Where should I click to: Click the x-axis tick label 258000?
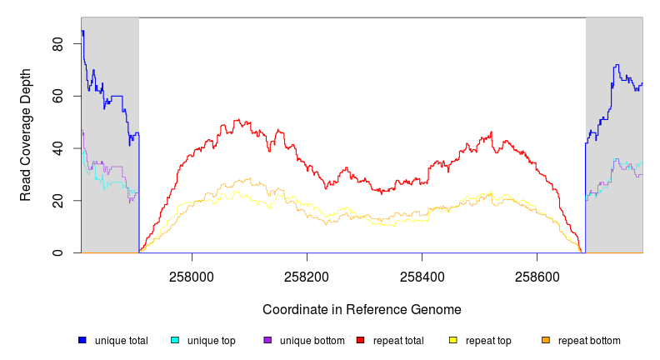pos(192,273)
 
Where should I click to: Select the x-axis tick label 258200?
pos(307,273)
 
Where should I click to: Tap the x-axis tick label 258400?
pos(422,273)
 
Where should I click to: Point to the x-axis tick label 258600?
pos(537,273)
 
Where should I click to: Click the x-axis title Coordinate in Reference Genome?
pos(362,309)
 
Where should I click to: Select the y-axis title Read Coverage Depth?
pos(26,135)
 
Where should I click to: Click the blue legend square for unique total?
pos(82,340)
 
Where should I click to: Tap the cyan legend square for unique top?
pos(175,340)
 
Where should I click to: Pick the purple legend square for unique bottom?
pos(267,340)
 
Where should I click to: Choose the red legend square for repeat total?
pos(360,340)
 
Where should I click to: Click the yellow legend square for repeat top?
pos(453,340)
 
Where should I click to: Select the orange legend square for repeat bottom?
pos(546,340)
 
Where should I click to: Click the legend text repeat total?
pos(396,341)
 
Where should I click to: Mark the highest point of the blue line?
pos(82,32)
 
